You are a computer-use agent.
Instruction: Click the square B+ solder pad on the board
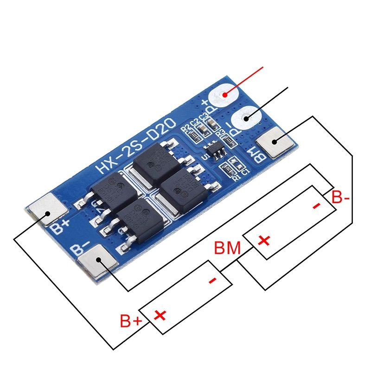[46, 213]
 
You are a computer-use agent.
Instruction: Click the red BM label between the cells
[227, 248]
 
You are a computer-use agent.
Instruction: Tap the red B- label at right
[341, 198]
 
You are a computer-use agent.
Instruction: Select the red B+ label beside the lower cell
[131, 321]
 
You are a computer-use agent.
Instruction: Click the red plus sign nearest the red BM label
[264, 241]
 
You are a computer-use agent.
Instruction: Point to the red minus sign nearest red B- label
[317, 205]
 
